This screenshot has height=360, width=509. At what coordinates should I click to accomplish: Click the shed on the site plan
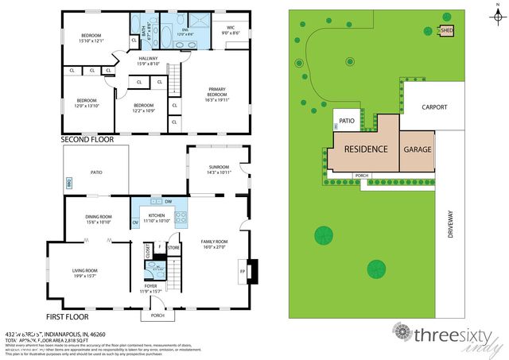[x=448, y=32]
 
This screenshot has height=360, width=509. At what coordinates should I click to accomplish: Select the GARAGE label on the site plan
[x=418, y=149]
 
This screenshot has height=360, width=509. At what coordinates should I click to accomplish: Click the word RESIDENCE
[x=365, y=149]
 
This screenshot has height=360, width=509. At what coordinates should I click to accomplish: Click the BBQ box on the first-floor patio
[x=69, y=183]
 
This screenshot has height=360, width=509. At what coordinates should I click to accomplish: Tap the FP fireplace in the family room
[x=243, y=271]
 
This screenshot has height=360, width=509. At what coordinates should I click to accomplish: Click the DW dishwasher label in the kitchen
[x=168, y=203]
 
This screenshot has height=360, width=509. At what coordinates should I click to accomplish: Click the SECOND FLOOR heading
[x=87, y=139]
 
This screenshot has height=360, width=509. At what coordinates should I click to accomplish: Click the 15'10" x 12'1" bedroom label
[x=90, y=38]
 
